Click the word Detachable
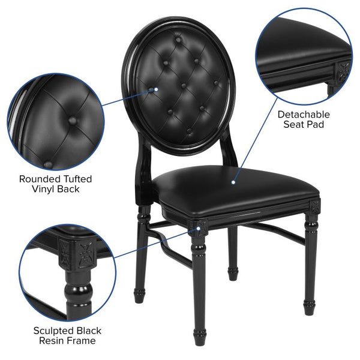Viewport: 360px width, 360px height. pyautogui.click(x=303, y=113)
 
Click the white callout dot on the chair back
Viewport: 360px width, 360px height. pyautogui.click(x=156, y=90)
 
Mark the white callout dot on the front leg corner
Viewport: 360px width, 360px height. pyautogui.click(x=196, y=226)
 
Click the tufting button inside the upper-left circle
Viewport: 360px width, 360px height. pyautogui.click(x=73, y=121)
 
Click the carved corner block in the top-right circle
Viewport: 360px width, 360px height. pyautogui.click(x=344, y=67)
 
